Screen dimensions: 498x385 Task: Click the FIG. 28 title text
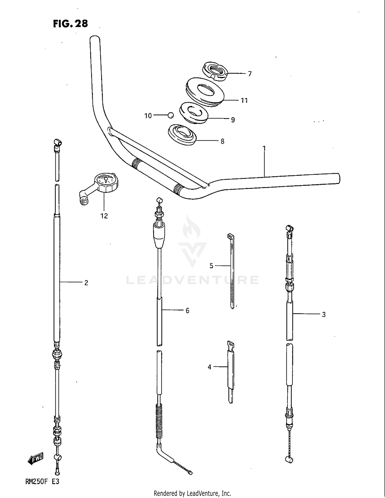(x=70, y=24)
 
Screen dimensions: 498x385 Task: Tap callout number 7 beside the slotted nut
(x=250, y=74)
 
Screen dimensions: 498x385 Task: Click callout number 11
(x=244, y=101)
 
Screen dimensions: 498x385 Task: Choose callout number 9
(x=233, y=120)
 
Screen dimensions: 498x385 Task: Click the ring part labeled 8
(x=182, y=135)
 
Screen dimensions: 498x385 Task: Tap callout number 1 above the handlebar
(x=264, y=149)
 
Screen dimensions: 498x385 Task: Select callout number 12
(x=104, y=216)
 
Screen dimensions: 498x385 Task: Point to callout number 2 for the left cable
(x=86, y=283)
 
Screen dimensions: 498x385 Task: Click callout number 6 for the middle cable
(x=187, y=311)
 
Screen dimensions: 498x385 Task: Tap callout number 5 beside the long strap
(x=211, y=266)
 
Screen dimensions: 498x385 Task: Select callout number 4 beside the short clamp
(x=209, y=367)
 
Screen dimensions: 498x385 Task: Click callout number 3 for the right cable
(x=324, y=314)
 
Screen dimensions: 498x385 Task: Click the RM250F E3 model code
(x=42, y=481)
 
